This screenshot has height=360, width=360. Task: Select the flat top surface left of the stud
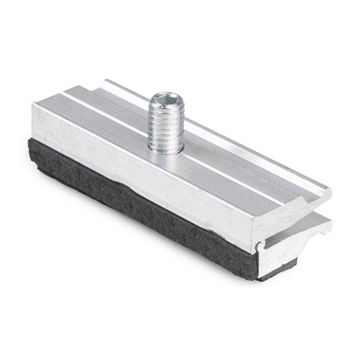[x=96, y=119]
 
